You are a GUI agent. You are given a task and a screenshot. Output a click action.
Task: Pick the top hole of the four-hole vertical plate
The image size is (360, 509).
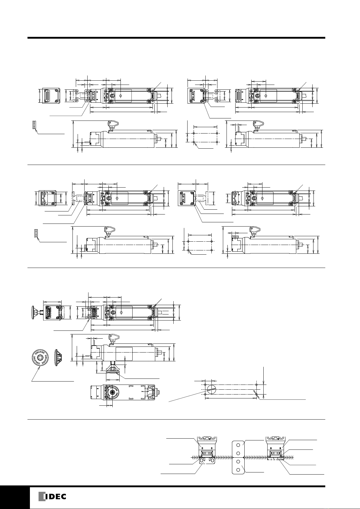(x=238, y=445)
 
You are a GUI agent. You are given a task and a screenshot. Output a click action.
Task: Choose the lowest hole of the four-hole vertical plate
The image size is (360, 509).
(x=238, y=469)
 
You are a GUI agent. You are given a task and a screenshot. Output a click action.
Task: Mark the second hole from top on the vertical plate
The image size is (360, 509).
(x=238, y=453)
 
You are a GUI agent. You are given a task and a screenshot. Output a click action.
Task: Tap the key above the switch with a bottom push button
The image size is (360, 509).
(x=114, y=338)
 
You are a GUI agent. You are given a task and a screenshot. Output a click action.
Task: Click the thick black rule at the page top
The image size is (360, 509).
(x=176, y=38)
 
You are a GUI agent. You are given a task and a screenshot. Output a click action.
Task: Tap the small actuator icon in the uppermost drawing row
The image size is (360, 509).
(x=34, y=124)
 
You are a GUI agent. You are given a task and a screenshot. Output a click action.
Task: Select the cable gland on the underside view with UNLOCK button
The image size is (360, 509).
(x=157, y=392)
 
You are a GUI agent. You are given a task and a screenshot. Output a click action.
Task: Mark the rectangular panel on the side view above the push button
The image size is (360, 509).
(x=124, y=353)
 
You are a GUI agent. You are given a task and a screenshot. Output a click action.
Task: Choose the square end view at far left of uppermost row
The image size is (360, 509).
(x=51, y=96)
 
